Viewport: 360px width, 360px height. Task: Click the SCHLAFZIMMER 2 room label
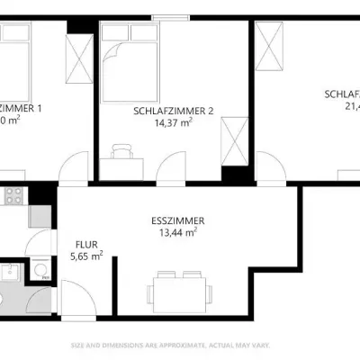coord(173,111)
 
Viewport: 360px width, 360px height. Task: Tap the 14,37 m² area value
coord(173,125)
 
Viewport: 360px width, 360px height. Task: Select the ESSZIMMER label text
coord(176,220)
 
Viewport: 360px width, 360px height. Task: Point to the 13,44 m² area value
coord(176,233)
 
